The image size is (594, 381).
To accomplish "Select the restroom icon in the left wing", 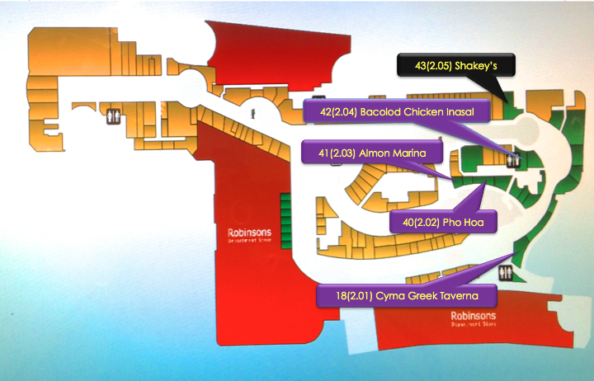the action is tap(112, 117).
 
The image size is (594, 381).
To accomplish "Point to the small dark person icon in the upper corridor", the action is tap(254, 111).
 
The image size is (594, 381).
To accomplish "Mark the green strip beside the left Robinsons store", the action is tap(285, 219).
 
